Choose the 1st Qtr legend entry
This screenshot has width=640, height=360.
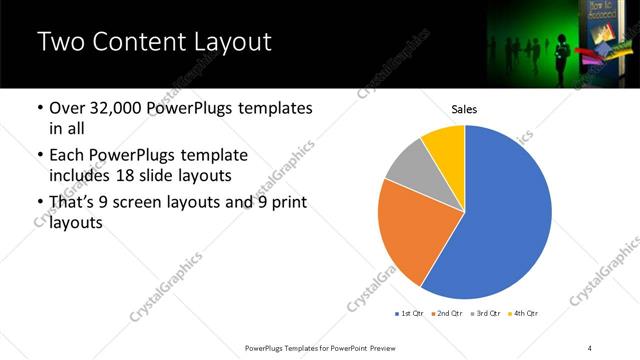409,314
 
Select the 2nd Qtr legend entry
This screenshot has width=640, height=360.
446,314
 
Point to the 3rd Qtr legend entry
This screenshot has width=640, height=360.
484,314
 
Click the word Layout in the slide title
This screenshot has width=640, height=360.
228,42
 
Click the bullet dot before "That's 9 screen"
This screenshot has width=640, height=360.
39,203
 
